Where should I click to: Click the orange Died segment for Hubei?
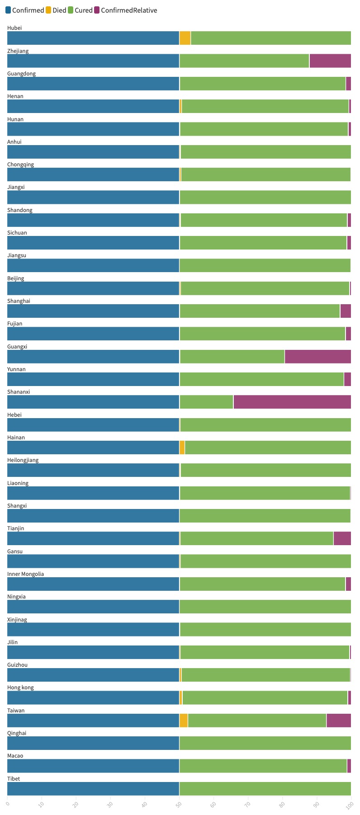point(185,38)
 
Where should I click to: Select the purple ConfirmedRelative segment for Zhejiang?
point(330,61)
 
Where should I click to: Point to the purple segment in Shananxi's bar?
point(292,402)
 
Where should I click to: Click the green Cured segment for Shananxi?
point(206,402)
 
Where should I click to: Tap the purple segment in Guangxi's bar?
point(318,357)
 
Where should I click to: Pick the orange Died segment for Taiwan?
point(184,721)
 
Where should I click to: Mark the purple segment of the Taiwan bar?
point(339,721)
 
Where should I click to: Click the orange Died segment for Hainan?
point(182,448)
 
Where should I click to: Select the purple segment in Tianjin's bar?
point(342,538)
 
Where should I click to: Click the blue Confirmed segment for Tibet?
point(93,789)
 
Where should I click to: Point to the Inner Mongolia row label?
point(26,574)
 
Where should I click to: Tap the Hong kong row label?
point(20,688)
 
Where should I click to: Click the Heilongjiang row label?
point(23,460)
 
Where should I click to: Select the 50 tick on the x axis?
point(179,805)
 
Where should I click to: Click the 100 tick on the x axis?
point(350,805)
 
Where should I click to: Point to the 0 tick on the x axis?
point(8,804)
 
